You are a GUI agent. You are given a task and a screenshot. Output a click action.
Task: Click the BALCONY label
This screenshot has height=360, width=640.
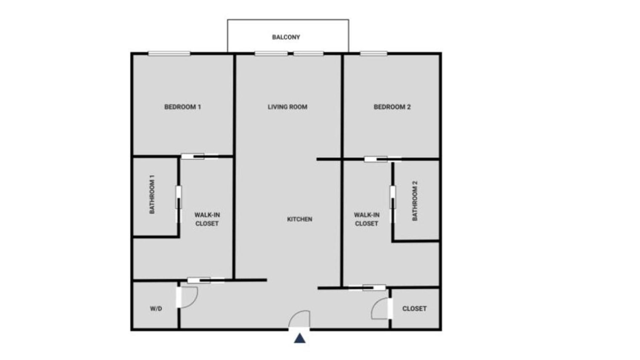pos(286,37)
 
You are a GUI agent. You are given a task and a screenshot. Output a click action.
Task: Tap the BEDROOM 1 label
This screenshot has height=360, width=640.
pos(182,107)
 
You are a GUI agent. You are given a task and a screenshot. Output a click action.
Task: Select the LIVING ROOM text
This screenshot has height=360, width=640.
pos(288,107)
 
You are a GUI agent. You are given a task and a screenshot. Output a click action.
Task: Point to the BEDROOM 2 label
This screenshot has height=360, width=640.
pos(392,107)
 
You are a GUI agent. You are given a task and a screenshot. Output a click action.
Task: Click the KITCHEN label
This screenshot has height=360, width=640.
pos(299,219)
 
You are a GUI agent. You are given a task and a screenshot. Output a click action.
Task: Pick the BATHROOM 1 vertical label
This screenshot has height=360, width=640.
pos(152,194)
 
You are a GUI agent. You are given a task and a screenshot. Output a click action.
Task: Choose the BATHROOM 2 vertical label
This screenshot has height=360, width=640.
pos(415,200)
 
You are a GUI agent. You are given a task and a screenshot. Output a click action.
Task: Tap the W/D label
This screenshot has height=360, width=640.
pos(156,309)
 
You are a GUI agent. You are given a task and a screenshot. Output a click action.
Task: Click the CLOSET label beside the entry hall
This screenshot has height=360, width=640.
pos(414,309)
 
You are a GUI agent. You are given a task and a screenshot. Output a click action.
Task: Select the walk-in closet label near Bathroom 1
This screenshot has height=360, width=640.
pos(207,219)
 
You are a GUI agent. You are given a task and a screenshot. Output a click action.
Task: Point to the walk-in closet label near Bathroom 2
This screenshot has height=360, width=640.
pos(366,219)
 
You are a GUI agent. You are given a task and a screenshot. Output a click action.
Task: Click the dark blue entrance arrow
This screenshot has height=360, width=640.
pos(299,338)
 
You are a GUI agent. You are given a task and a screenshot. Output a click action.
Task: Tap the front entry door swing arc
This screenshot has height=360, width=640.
pos(300,319)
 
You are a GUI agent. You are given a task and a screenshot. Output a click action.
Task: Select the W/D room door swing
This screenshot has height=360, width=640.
pos(188,296)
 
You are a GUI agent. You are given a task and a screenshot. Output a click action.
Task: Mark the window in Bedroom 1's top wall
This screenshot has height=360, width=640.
pos(169,53)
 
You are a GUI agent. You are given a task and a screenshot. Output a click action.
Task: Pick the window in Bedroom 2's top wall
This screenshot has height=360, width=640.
pos(373,53)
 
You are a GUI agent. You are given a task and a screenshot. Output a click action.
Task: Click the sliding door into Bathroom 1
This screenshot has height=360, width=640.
pos(179,203)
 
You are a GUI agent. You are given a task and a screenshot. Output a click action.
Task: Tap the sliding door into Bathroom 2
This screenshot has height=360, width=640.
pos(392,203)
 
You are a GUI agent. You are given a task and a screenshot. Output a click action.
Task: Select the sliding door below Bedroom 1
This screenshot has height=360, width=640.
pos(200,156)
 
